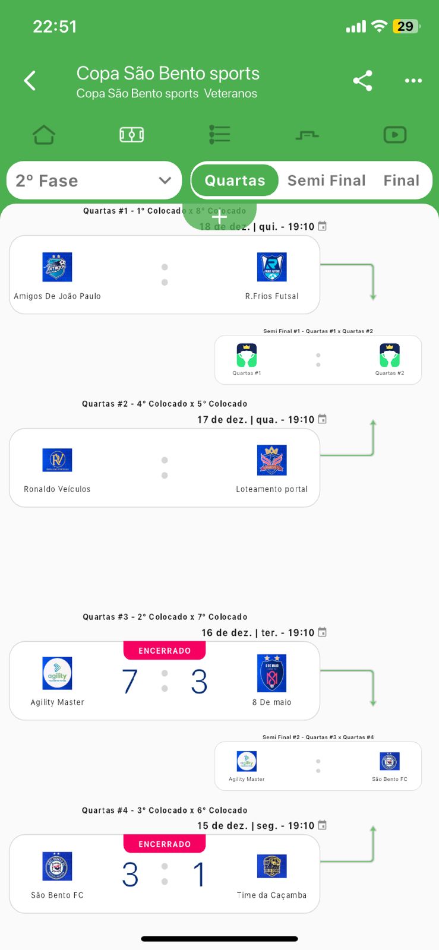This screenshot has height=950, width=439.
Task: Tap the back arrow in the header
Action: pyautogui.click(x=30, y=80)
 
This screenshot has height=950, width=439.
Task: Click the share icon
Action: pyautogui.click(x=362, y=80)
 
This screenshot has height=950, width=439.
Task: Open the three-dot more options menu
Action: pyautogui.click(x=413, y=80)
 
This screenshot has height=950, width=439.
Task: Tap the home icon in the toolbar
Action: pyautogui.click(x=44, y=135)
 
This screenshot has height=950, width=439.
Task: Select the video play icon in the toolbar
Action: pyautogui.click(x=395, y=135)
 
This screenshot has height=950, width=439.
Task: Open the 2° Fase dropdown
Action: pyautogui.click(x=94, y=180)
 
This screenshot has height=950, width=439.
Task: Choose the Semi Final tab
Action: pyautogui.click(x=326, y=180)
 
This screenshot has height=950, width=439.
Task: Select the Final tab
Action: pyautogui.click(x=402, y=180)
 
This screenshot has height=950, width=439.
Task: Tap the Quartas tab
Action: pyautogui.click(x=235, y=180)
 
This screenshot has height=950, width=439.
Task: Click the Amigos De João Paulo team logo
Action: pyautogui.click(x=57, y=267)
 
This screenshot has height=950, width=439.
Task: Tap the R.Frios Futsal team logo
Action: pyautogui.click(x=271, y=267)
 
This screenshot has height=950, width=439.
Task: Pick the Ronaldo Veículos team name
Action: pyautogui.click(x=57, y=489)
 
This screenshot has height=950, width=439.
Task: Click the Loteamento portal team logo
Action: pyautogui.click(x=271, y=460)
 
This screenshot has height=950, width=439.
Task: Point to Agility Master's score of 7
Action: pyautogui.click(x=130, y=682)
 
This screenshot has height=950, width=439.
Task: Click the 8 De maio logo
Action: pyautogui.click(x=271, y=673)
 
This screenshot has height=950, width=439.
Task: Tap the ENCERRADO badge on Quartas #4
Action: pyautogui.click(x=165, y=844)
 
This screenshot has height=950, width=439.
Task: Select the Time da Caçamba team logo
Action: pyautogui.click(x=271, y=866)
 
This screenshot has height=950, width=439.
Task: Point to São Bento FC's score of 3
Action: pyautogui.click(x=130, y=875)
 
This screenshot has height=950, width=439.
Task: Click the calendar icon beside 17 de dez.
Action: pyautogui.click(x=322, y=419)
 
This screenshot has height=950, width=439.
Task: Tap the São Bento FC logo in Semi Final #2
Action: pyautogui.click(x=390, y=761)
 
